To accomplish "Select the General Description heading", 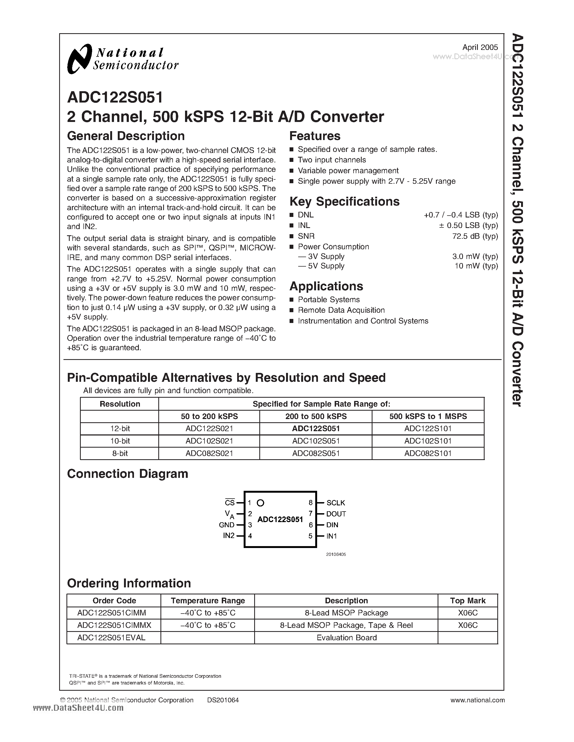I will point(126,136).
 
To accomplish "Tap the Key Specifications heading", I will point(344,202).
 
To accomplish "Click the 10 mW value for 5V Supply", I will point(476,266).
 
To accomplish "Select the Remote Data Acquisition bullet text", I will point(341,310).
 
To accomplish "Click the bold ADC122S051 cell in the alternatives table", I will point(316,429).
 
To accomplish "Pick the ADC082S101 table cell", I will point(428,453).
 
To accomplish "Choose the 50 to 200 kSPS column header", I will point(209,417).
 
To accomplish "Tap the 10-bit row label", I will point(120,441).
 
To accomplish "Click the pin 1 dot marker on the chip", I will point(260,503).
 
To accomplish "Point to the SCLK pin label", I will point(336,503).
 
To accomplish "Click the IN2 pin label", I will point(229,536).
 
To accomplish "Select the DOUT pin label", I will point(336,514).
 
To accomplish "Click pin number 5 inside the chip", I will point(310,536).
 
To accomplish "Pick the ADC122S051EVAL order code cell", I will point(111,638).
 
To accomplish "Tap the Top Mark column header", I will point(468,601).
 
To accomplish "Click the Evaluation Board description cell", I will point(346,638).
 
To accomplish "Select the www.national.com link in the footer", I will point(477,700).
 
